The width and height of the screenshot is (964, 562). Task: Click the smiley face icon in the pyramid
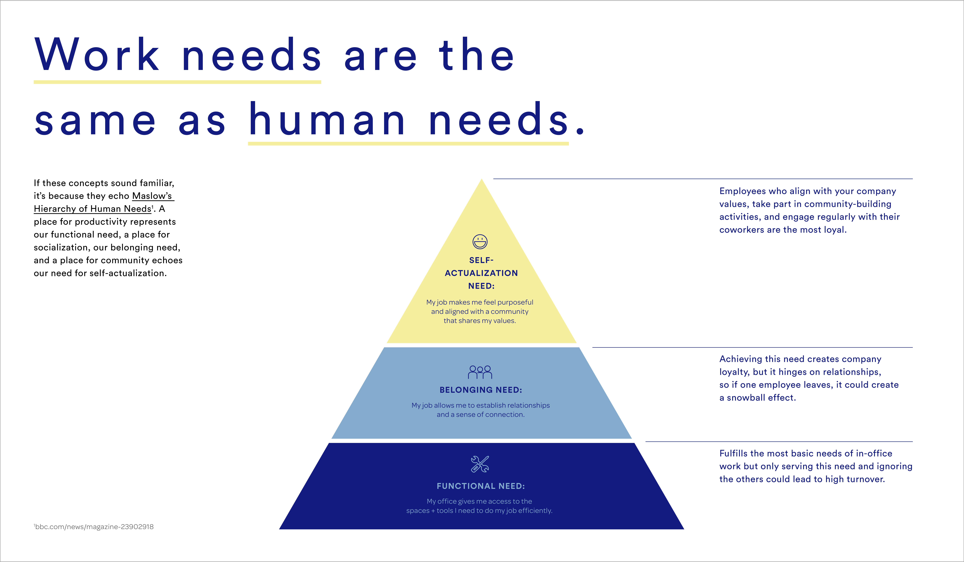pos(480,242)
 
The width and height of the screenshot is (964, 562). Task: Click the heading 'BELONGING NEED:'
pos(481,390)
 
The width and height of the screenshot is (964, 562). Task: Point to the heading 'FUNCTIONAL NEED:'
pos(481,486)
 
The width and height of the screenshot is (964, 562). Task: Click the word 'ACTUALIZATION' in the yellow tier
pos(481,273)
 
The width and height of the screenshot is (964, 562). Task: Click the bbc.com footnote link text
pos(94,527)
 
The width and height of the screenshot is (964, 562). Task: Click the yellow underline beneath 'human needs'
pos(408,144)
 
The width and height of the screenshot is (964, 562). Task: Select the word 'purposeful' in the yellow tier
pos(515,302)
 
